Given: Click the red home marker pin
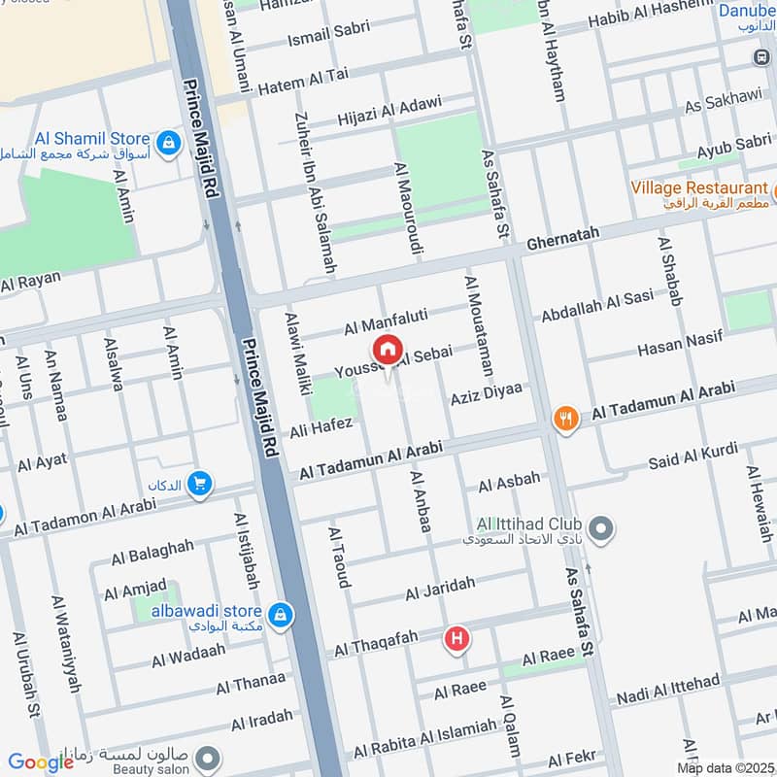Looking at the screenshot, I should pos(387,351).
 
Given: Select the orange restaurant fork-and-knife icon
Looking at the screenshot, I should pos(566,419).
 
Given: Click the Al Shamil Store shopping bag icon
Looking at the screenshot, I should pos(169,142).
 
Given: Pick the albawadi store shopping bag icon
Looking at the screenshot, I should pos(280,614).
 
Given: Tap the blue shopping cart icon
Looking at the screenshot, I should pos(200,483).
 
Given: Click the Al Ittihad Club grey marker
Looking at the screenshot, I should pos(602,529).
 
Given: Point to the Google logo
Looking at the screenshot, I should pos(41,762).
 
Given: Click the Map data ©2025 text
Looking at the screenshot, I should pos(724,767).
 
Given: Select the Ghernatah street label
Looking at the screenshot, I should pos(563,233).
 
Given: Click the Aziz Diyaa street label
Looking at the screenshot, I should pos(486,394).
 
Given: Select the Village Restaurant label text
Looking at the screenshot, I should pos(699,187).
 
